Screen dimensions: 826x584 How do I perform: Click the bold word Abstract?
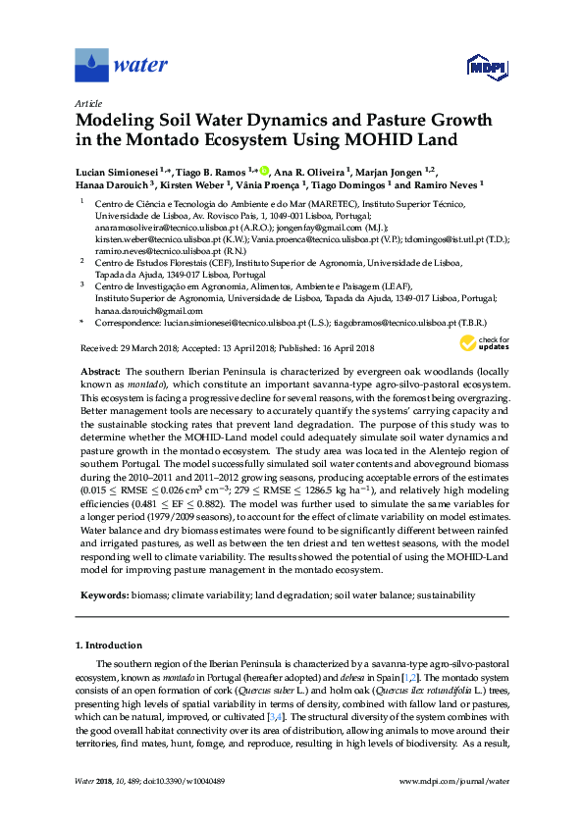click(96, 372)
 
